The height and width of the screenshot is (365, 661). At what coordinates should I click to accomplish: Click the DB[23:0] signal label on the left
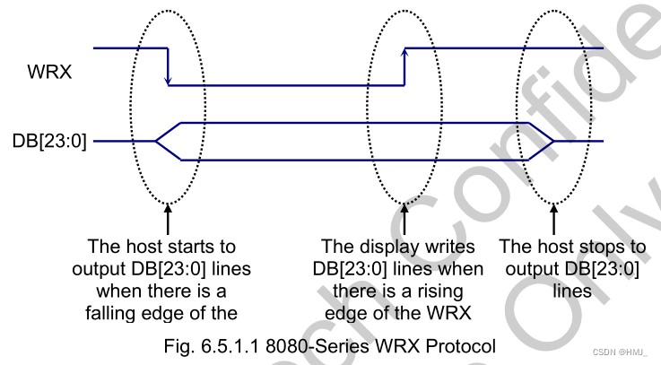coord(51,141)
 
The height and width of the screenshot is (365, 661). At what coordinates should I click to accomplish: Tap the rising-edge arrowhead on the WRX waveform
coord(405,53)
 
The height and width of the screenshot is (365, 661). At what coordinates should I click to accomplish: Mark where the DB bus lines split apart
coord(157,141)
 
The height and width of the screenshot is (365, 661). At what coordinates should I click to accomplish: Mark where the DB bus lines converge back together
coord(554,141)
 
